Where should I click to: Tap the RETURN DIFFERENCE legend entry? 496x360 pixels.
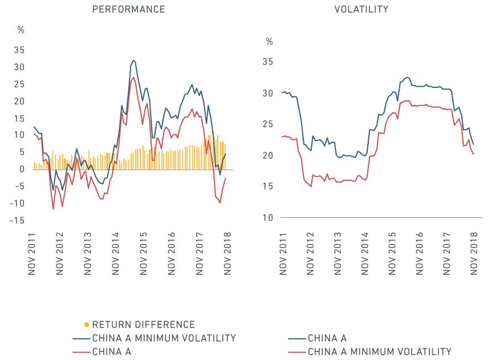point(143,324)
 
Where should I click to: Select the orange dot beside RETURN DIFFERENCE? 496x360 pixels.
point(86,325)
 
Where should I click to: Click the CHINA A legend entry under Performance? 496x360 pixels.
point(111,352)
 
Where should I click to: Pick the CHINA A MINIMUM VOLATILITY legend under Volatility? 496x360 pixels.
point(379,352)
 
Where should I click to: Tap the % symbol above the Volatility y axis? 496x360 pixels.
point(270,42)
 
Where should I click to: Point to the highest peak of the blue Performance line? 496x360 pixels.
point(133,60)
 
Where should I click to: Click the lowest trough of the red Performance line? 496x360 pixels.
point(53,209)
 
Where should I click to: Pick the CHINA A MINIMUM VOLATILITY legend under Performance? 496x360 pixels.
point(164,338)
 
